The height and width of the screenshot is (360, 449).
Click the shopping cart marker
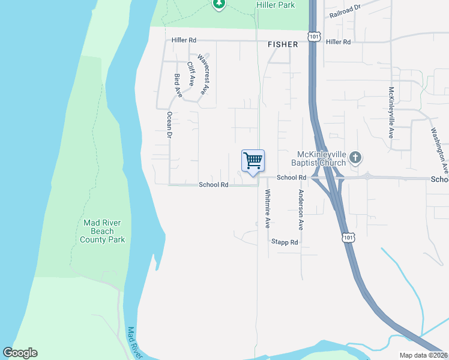click(253, 161)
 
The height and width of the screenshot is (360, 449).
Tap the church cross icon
click(355, 158)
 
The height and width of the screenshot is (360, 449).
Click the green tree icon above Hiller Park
click(219, 4)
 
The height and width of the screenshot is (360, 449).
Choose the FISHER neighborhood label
click(282, 44)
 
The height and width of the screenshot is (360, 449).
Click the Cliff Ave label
click(191, 74)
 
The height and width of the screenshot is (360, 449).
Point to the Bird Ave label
click(178, 86)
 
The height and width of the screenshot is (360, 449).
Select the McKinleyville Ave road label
click(391, 112)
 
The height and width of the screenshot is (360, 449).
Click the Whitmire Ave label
click(268, 209)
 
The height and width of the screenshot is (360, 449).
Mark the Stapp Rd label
click(285, 242)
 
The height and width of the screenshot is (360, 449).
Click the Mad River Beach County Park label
click(103, 231)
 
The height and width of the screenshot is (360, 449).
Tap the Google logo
click(20, 353)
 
